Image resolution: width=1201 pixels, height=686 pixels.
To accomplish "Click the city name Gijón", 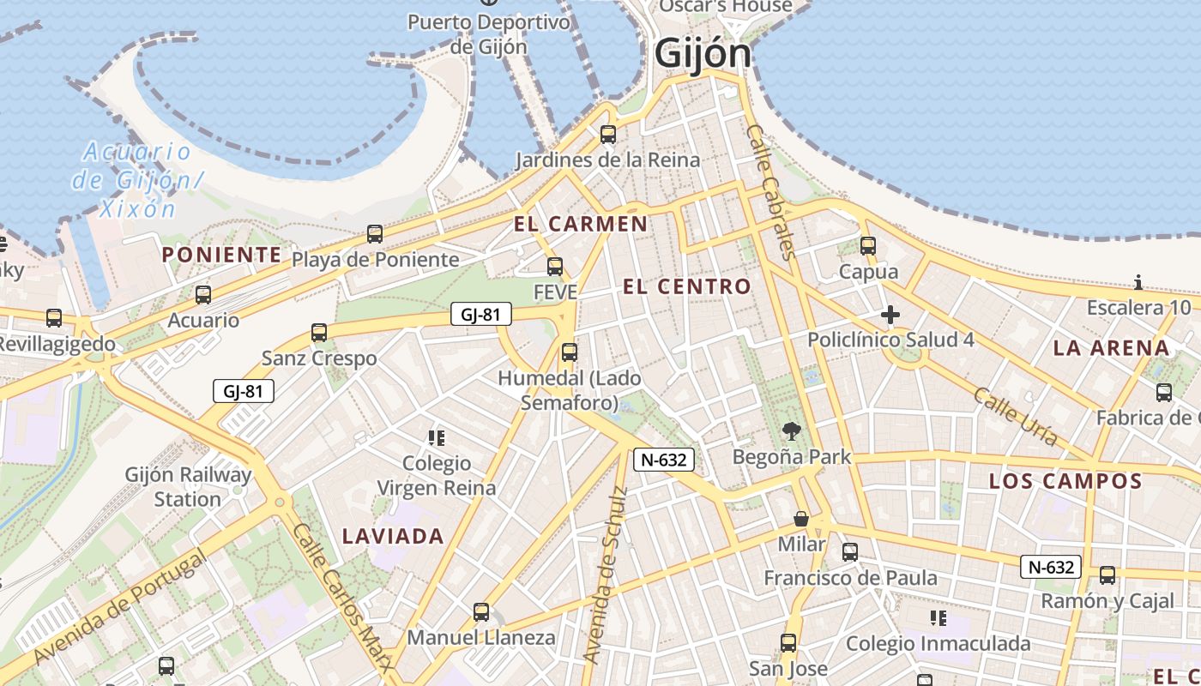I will pos(703,54).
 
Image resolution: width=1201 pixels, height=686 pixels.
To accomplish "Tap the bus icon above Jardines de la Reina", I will pos(608,134).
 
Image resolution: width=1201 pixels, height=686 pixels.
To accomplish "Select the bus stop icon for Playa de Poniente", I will pos(374,233).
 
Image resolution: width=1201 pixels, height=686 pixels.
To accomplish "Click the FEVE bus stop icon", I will pos(555,266).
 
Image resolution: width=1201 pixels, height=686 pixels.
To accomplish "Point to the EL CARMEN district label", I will pos(581,225).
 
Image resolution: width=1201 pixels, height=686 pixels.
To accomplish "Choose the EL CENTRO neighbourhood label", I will pos(687,286).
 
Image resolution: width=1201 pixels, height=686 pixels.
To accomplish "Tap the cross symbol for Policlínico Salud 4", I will pos(890,315).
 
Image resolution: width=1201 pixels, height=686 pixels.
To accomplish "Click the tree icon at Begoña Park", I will pos(791,431).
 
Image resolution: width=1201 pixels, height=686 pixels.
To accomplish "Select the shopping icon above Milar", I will pos(801,518).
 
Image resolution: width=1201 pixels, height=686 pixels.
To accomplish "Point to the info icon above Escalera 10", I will pos(1138,282).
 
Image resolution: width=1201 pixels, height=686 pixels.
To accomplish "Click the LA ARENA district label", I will pos(1112,348).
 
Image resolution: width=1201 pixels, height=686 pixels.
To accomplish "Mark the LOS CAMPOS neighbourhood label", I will pos(1065,481).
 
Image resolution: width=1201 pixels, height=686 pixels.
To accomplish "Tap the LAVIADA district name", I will pos(393,537).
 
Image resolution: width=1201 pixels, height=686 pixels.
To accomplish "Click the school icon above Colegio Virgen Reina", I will pos(437,438).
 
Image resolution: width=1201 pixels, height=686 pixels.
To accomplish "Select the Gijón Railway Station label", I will pos(189,487).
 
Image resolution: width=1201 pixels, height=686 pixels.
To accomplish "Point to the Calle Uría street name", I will pos(1015,416).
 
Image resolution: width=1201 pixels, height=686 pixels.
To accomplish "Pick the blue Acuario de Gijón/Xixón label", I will pos(137,180).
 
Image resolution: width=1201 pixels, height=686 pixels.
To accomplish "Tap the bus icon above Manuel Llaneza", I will pos(481,611).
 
